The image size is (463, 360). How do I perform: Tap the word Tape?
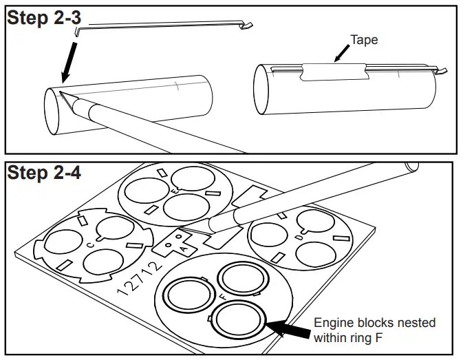click(x=364, y=40)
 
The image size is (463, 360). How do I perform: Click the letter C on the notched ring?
click(x=89, y=243)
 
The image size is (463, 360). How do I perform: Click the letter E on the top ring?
click(x=177, y=190)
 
